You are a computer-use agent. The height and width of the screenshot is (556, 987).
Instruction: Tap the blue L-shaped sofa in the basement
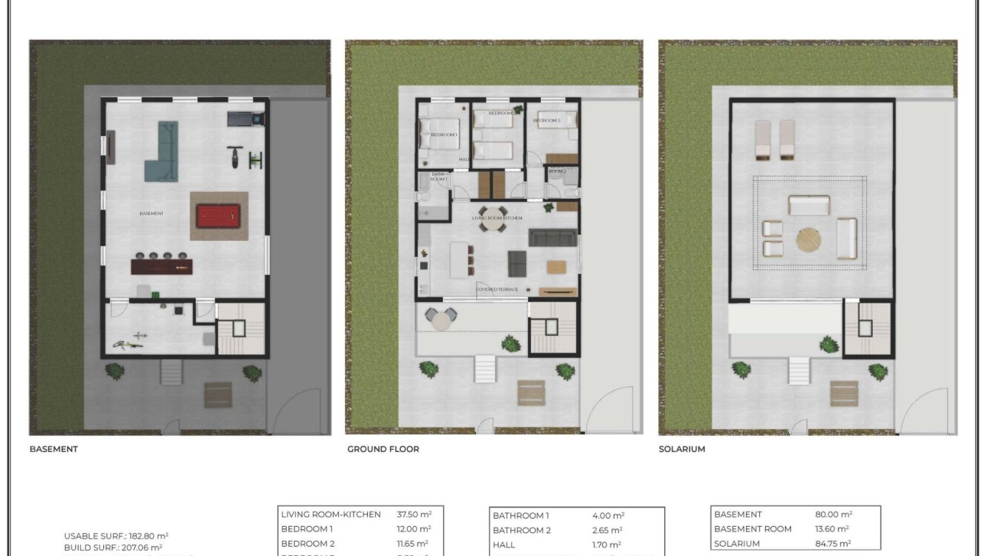point(163,152)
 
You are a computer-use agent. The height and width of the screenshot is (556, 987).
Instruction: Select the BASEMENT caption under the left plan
point(54,449)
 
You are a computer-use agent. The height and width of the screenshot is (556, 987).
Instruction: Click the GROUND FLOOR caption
point(383,449)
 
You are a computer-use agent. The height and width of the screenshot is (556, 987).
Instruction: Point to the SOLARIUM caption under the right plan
point(682,449)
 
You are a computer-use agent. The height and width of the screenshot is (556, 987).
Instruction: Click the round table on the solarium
point(808,240)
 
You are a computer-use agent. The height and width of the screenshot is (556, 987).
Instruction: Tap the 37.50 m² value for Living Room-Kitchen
point(414,515)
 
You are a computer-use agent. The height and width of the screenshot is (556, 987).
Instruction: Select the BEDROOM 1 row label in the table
point(308,528)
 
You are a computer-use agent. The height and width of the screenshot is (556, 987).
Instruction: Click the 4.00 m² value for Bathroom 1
point(608,515)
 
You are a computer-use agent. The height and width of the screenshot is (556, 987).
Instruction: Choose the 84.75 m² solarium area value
point(834,544)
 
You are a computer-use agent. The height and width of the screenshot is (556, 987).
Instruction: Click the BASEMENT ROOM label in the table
point(752,528)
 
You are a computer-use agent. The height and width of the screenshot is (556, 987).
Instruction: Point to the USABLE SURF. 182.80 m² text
point(116,536)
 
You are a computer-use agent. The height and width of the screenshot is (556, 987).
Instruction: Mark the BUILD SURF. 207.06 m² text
point(112,547)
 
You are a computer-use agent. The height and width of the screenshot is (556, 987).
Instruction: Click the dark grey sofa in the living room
point(551,237)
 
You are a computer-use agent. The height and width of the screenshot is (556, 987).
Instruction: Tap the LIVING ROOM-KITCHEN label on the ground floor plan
point(497,219)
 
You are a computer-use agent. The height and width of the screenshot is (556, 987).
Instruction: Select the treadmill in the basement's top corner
point(246,119)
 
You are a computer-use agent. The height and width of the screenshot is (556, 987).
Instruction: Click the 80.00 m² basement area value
point(834,515)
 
